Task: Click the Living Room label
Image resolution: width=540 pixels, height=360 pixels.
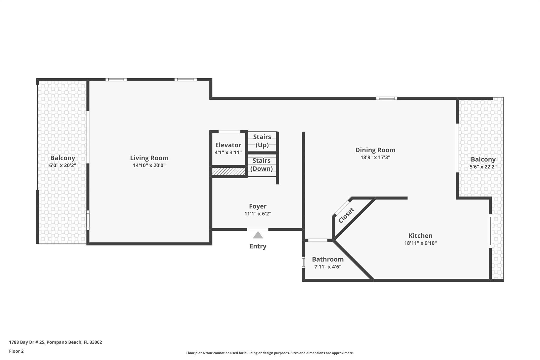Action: click(149, 158)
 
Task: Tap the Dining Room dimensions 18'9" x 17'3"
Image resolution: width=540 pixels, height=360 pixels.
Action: click(375, 157)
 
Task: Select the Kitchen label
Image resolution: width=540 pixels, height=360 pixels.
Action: click(420, 236)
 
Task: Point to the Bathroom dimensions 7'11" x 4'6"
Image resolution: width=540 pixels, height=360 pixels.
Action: click(328, 267)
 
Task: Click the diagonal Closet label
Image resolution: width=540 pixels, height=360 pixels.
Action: click(346, 215)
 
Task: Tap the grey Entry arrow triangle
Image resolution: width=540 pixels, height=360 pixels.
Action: click(258, 235)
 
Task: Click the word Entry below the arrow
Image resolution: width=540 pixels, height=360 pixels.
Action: click(258, 246)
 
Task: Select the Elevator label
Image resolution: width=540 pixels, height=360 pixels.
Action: click(228, 145)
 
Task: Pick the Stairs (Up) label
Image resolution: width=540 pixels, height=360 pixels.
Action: click(262, 141)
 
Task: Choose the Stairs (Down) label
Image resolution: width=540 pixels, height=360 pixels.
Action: click(262, 165)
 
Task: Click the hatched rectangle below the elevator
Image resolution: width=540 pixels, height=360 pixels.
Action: click(229, 171)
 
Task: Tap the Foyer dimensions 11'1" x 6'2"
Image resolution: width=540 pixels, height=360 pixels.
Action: click(258, 214)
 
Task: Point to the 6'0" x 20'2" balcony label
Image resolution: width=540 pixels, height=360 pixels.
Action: click(62, 165)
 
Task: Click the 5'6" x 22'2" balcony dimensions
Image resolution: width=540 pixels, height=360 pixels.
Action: click(483, 167)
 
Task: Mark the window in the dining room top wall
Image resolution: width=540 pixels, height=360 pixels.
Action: click(387, 98)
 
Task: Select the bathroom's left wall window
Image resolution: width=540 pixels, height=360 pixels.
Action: click(303, 262)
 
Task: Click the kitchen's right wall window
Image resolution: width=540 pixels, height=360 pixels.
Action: click(490, 231)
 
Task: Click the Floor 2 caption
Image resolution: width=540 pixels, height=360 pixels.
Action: click(16, 351)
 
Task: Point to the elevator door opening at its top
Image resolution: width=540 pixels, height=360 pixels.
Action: click(229, 132)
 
